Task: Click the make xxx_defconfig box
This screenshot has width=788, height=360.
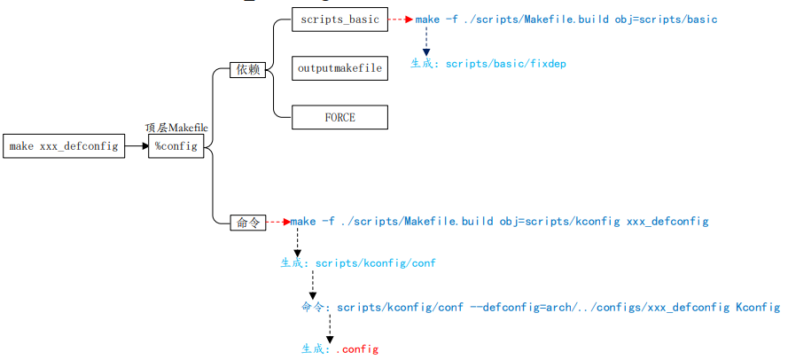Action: [x=64, y=146]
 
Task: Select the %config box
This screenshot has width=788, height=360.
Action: [x=176, y=146]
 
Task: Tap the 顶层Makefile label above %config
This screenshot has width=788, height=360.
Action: [x=176, y=128]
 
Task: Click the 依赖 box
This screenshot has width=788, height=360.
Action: [x=247, y=69]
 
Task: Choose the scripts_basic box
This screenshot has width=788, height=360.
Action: [x=339, y=20]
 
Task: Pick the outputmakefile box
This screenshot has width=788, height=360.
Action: [x=339, y=68]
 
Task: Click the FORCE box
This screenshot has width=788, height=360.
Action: [x=339, y=117]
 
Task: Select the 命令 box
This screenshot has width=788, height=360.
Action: [x=247, y=223]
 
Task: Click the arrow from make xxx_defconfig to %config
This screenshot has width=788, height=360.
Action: [x=137, y=146]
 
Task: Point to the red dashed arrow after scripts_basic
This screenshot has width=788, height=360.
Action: [x=401, y=20]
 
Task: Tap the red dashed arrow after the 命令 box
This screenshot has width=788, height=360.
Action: [x=278, y=221]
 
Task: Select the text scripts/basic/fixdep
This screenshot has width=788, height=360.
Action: [x=505, y=64]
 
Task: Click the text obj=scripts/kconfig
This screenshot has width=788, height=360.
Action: [x=559, y=221]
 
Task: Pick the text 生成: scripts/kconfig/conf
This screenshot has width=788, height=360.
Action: [x=358, y=263]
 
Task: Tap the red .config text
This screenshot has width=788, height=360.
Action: [x=357, y=349]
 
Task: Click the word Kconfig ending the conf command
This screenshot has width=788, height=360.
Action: [x=758, y=307]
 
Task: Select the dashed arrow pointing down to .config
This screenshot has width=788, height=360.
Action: [x=330, y=329]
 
